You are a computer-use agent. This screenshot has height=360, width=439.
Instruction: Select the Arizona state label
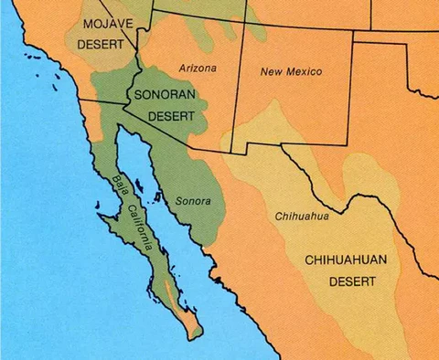pyautogui.click(x=198, y=69)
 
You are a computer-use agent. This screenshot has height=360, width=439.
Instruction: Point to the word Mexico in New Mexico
pyautogui.click(x=305, y=71)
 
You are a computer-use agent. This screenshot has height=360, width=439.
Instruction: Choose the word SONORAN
pyautogui.click(x=165, y=94)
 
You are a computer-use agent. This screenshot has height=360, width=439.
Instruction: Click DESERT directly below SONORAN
pyautogui.click(x=165, y=116)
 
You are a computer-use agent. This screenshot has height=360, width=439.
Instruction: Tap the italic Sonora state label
pyautogui.click(x=192, y=200)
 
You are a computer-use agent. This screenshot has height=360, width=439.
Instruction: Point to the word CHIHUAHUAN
pyautogui.click(x=348, y=260)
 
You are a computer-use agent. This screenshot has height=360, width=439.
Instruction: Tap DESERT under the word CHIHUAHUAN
pyautogui.click(x=348, y=282)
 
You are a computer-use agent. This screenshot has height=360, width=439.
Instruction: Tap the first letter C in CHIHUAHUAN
pyautogui.click(x=307, y=260)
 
